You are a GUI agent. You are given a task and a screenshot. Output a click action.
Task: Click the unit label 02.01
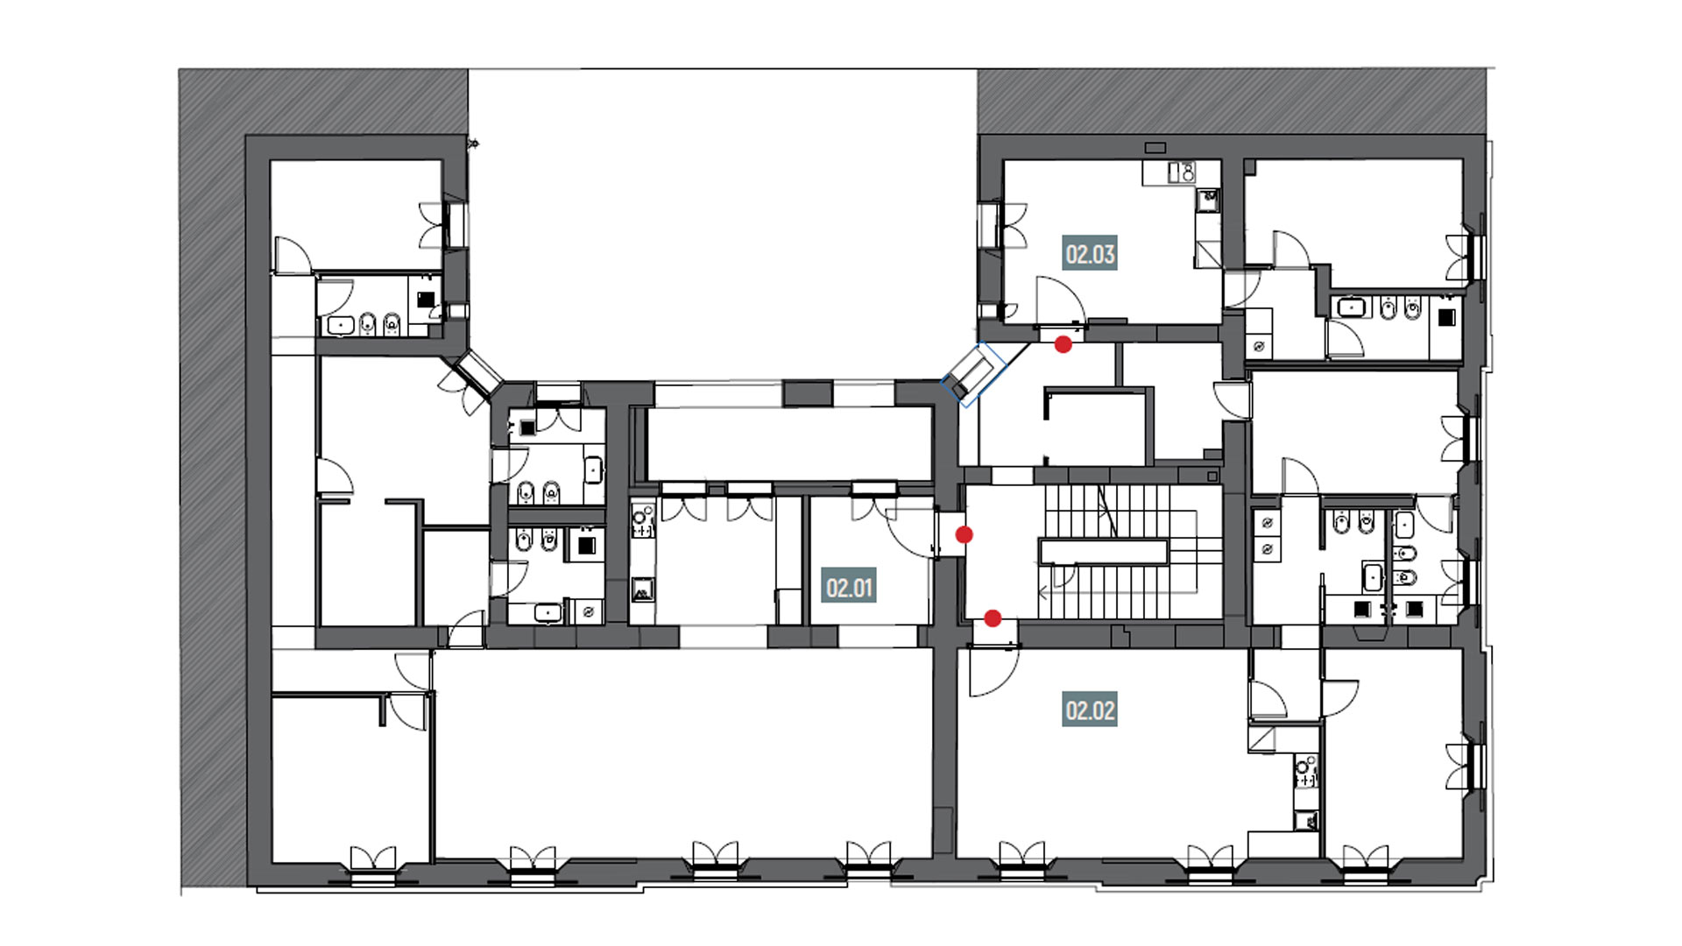click(850, 587)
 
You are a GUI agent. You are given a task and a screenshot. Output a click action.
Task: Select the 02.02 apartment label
click(1090, 709)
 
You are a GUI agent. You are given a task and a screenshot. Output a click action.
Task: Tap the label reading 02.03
click(1090, 254)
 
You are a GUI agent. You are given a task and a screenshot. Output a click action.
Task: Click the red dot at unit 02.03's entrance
click(1063, 344)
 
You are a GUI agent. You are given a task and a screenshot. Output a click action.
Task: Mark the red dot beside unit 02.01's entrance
click(964, 534)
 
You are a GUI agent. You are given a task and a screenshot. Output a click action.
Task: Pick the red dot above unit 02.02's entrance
click(993, 618)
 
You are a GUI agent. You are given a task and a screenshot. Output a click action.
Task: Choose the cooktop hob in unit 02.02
click(1306, 771)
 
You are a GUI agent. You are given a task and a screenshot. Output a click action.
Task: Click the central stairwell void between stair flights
click(1104, 551)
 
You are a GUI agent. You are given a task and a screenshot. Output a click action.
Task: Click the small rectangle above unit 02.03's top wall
click(1155, 147)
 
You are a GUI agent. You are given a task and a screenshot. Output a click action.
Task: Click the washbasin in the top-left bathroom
click(339, 326)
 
